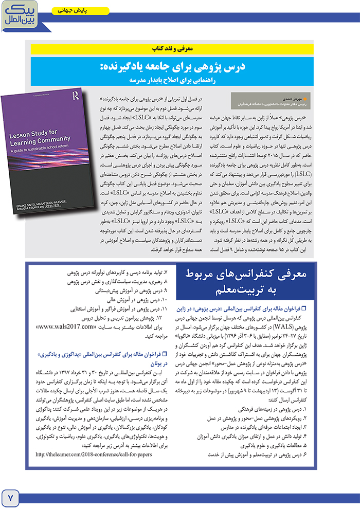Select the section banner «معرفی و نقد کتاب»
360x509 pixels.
(179, 49)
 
